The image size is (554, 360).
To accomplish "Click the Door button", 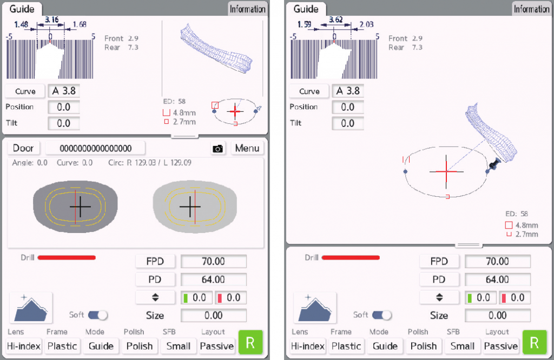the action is click(x=23, y=148).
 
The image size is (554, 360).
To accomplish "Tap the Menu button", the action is click(x=247, y=148).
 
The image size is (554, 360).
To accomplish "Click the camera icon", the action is click(x=217, y=149).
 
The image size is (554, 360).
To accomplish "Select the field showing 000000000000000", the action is click(x=95, y=148).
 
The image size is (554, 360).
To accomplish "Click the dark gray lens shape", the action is click(x=75, y=206).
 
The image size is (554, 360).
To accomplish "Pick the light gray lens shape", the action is click(x=195, y=206).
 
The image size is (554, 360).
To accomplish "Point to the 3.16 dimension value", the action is click(x=51, y=19).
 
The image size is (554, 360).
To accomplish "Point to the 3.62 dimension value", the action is click(x=335, y=19).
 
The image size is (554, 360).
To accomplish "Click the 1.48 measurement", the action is click(x=21, y=24).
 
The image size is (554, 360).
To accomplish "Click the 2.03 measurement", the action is click(x=366, y=24).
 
